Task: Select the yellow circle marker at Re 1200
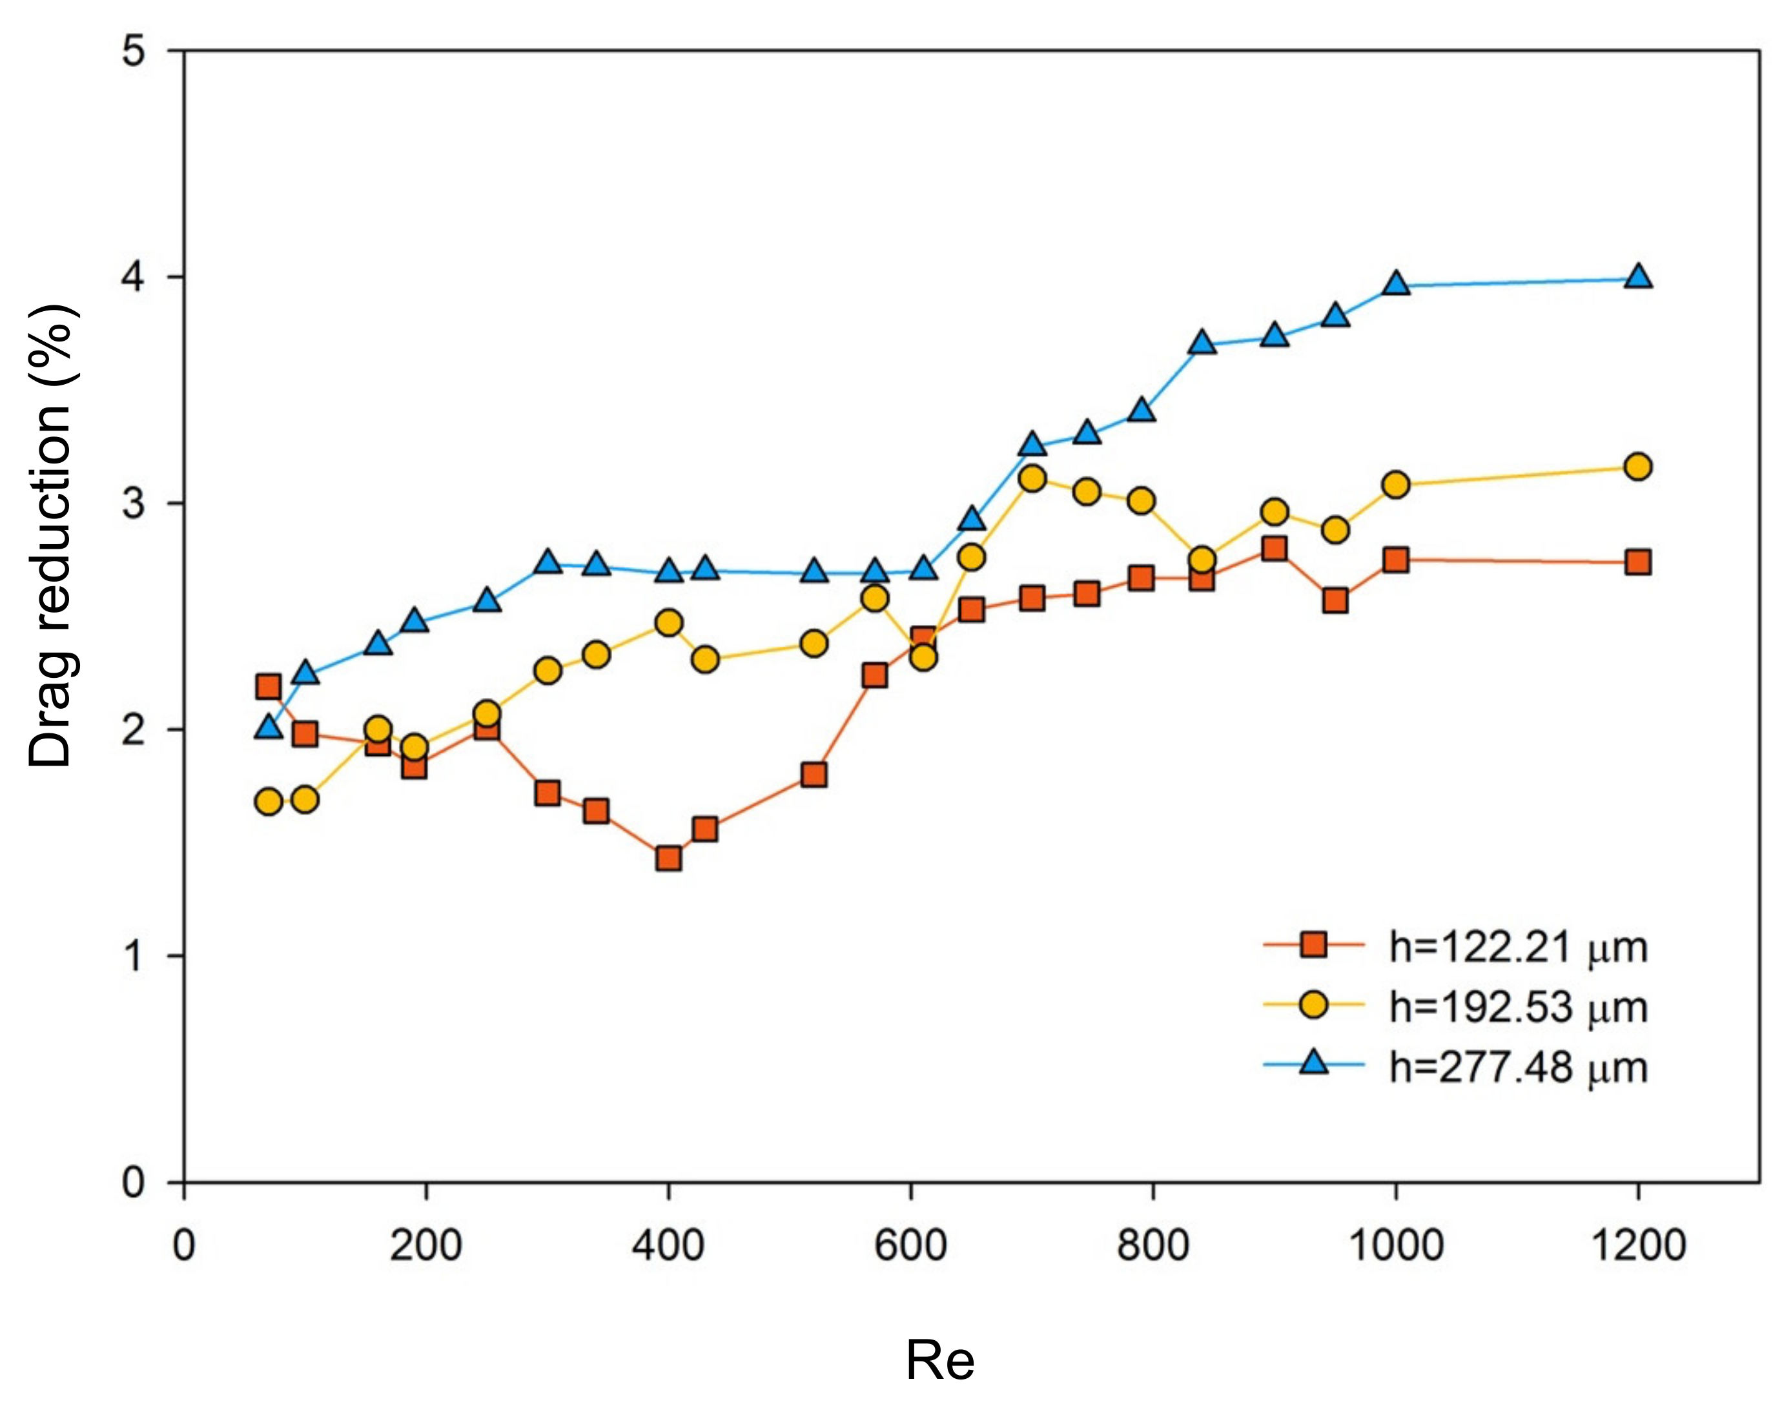tap(1637, 467)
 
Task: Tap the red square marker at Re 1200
tap(1637, 563)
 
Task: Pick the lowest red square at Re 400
tap(668, 859)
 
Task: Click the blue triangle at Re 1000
tap(1395, 285)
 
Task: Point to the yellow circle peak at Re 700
tap(1032, 478)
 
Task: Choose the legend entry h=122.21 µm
tap(1518, 948)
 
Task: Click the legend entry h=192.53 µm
tap(1518, 1008)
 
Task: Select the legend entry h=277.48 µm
tap(1518, 1068)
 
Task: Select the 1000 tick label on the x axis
tap(1395, 1245)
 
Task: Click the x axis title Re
tap(940, 1360)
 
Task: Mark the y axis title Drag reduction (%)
tap(51, 535)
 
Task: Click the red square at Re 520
tap(814, 775)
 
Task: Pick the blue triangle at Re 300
tap(548, 563)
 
